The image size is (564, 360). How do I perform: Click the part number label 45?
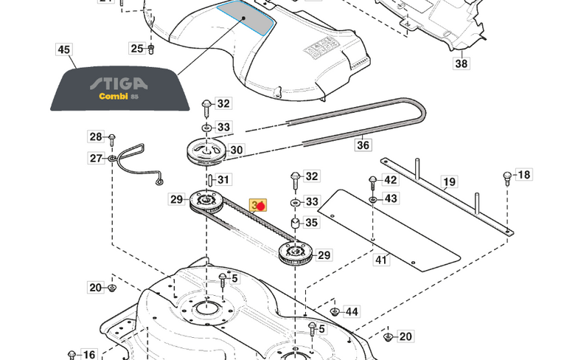pyautogui.click(x=64, y=50)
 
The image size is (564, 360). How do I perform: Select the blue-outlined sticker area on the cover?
pyautogui.click(x=246, y=18)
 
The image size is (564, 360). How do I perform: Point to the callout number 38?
pyautogui.click(x=461, y=64)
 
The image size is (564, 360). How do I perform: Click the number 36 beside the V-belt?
pyautogui.click(x=363, y=145)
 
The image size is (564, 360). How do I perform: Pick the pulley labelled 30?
pyautogui.click(x=204, y=153)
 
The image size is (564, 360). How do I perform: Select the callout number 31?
pyautogui.click(x=223, y=179)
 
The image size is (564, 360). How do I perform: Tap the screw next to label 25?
pyautogui.click(x=151, y=49)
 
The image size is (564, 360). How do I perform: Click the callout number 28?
pyautogui.click(x=96, y=136)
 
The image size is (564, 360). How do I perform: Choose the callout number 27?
pyautogui.click(x=96, y=158)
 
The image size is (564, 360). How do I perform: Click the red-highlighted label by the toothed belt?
pyautogui.click(x=259, y=205)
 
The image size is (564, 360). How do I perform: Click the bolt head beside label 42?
pyautogui.click(x=372, y=181)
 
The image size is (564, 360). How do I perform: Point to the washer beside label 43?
pyautogui.click(x=373, y=198)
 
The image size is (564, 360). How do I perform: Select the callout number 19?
pyautogui.click(x=449, y=181)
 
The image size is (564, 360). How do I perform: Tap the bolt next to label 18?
pyautogui.click(x=506, y=177)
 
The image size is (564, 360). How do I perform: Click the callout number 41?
pyautogui.click(x=381, y=260)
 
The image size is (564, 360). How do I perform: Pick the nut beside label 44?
pyautogui.click(x=333, y=312)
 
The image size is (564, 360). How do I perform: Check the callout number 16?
pyautogui.click(x=88, y=355)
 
